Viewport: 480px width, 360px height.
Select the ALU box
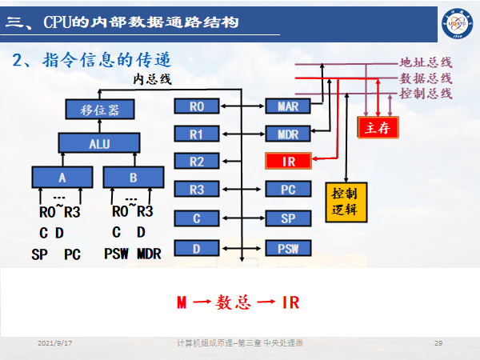pos(98,143)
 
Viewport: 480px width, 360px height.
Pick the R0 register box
pos(197,106)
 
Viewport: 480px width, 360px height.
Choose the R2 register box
pos(197,162)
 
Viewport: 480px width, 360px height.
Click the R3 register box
pos(197,190)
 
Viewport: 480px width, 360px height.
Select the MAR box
pos(288,106)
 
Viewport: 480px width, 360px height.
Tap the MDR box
pos(288,134)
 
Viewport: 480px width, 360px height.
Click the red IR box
pos(288,162)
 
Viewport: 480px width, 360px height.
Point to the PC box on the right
pos(288,190)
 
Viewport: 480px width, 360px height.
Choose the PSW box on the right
pos(288,248)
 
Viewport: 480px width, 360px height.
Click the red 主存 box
pos(378,127)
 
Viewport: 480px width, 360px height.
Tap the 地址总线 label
pos(426,62)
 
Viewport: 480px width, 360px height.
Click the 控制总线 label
pos(426,94)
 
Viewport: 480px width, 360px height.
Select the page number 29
pos(438,342)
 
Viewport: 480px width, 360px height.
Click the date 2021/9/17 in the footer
pos(55,342)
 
